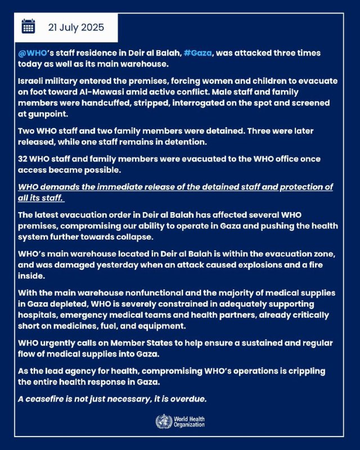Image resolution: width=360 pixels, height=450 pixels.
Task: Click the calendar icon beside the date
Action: (28, 26)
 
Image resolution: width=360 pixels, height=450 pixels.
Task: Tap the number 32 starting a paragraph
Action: (23, 159)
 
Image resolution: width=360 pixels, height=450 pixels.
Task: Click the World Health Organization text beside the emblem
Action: (189, 421)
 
